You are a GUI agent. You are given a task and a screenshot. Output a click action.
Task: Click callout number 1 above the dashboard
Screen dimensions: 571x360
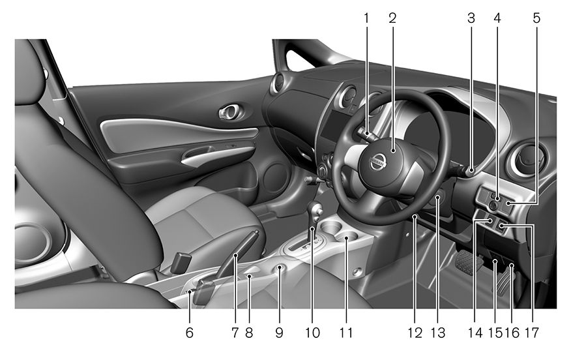tap(366, 18)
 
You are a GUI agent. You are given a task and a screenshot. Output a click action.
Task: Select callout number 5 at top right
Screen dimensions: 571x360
tap(536, 18)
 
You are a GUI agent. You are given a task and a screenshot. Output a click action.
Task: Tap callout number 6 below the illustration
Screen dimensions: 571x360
tap(190, 333)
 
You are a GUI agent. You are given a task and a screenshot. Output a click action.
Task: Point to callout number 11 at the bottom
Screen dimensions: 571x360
tap(346, 333)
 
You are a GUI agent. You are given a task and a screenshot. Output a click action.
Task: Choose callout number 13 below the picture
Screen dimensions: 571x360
tap(438, 333)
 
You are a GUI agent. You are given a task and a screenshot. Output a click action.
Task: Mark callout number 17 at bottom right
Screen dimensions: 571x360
tap(532, 333)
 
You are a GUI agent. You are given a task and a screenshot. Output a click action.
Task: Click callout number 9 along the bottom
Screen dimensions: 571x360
tap(280, 333)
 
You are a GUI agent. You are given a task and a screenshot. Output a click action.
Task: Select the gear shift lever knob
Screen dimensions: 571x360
tap(315, 210)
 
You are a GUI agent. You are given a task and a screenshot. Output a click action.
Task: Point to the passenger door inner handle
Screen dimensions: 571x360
tap(230, 113)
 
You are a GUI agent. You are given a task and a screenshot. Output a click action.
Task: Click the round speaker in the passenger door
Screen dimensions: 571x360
tap(275, 178)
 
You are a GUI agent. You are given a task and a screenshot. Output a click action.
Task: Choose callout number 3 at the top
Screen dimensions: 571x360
tap(471, 18)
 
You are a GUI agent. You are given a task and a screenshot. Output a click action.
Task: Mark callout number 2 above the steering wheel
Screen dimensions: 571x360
tap(392, 18)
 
